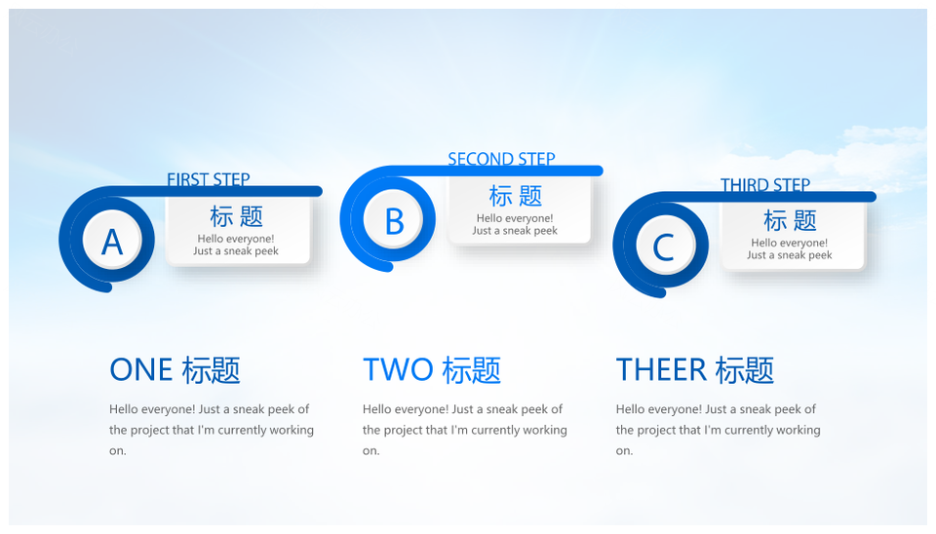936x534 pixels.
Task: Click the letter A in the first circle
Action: [112, 242]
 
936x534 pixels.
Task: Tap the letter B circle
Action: [393, 221]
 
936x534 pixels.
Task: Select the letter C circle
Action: [664, 246]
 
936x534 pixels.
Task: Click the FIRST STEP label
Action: [209, 179]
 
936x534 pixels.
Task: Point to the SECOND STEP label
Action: [501, 159]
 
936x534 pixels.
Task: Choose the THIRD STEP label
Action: [765, 185]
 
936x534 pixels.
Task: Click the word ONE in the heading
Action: [141, 370]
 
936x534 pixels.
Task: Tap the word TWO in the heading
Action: [398, 370]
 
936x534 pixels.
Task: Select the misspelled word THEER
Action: [661, 370]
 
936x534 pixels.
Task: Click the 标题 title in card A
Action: [236, 216]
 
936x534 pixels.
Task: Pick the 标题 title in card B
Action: [515, 196]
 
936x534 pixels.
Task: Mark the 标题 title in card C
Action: [790, 220]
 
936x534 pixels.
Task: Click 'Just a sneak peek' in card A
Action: [236, 251]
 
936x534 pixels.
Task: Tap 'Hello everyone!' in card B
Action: [515, 218]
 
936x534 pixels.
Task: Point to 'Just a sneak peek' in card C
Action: [789, 255]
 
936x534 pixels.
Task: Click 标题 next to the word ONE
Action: [212, 370]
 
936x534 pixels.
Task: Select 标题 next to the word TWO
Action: [472, 370]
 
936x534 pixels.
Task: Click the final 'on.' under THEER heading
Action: [624, 451]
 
